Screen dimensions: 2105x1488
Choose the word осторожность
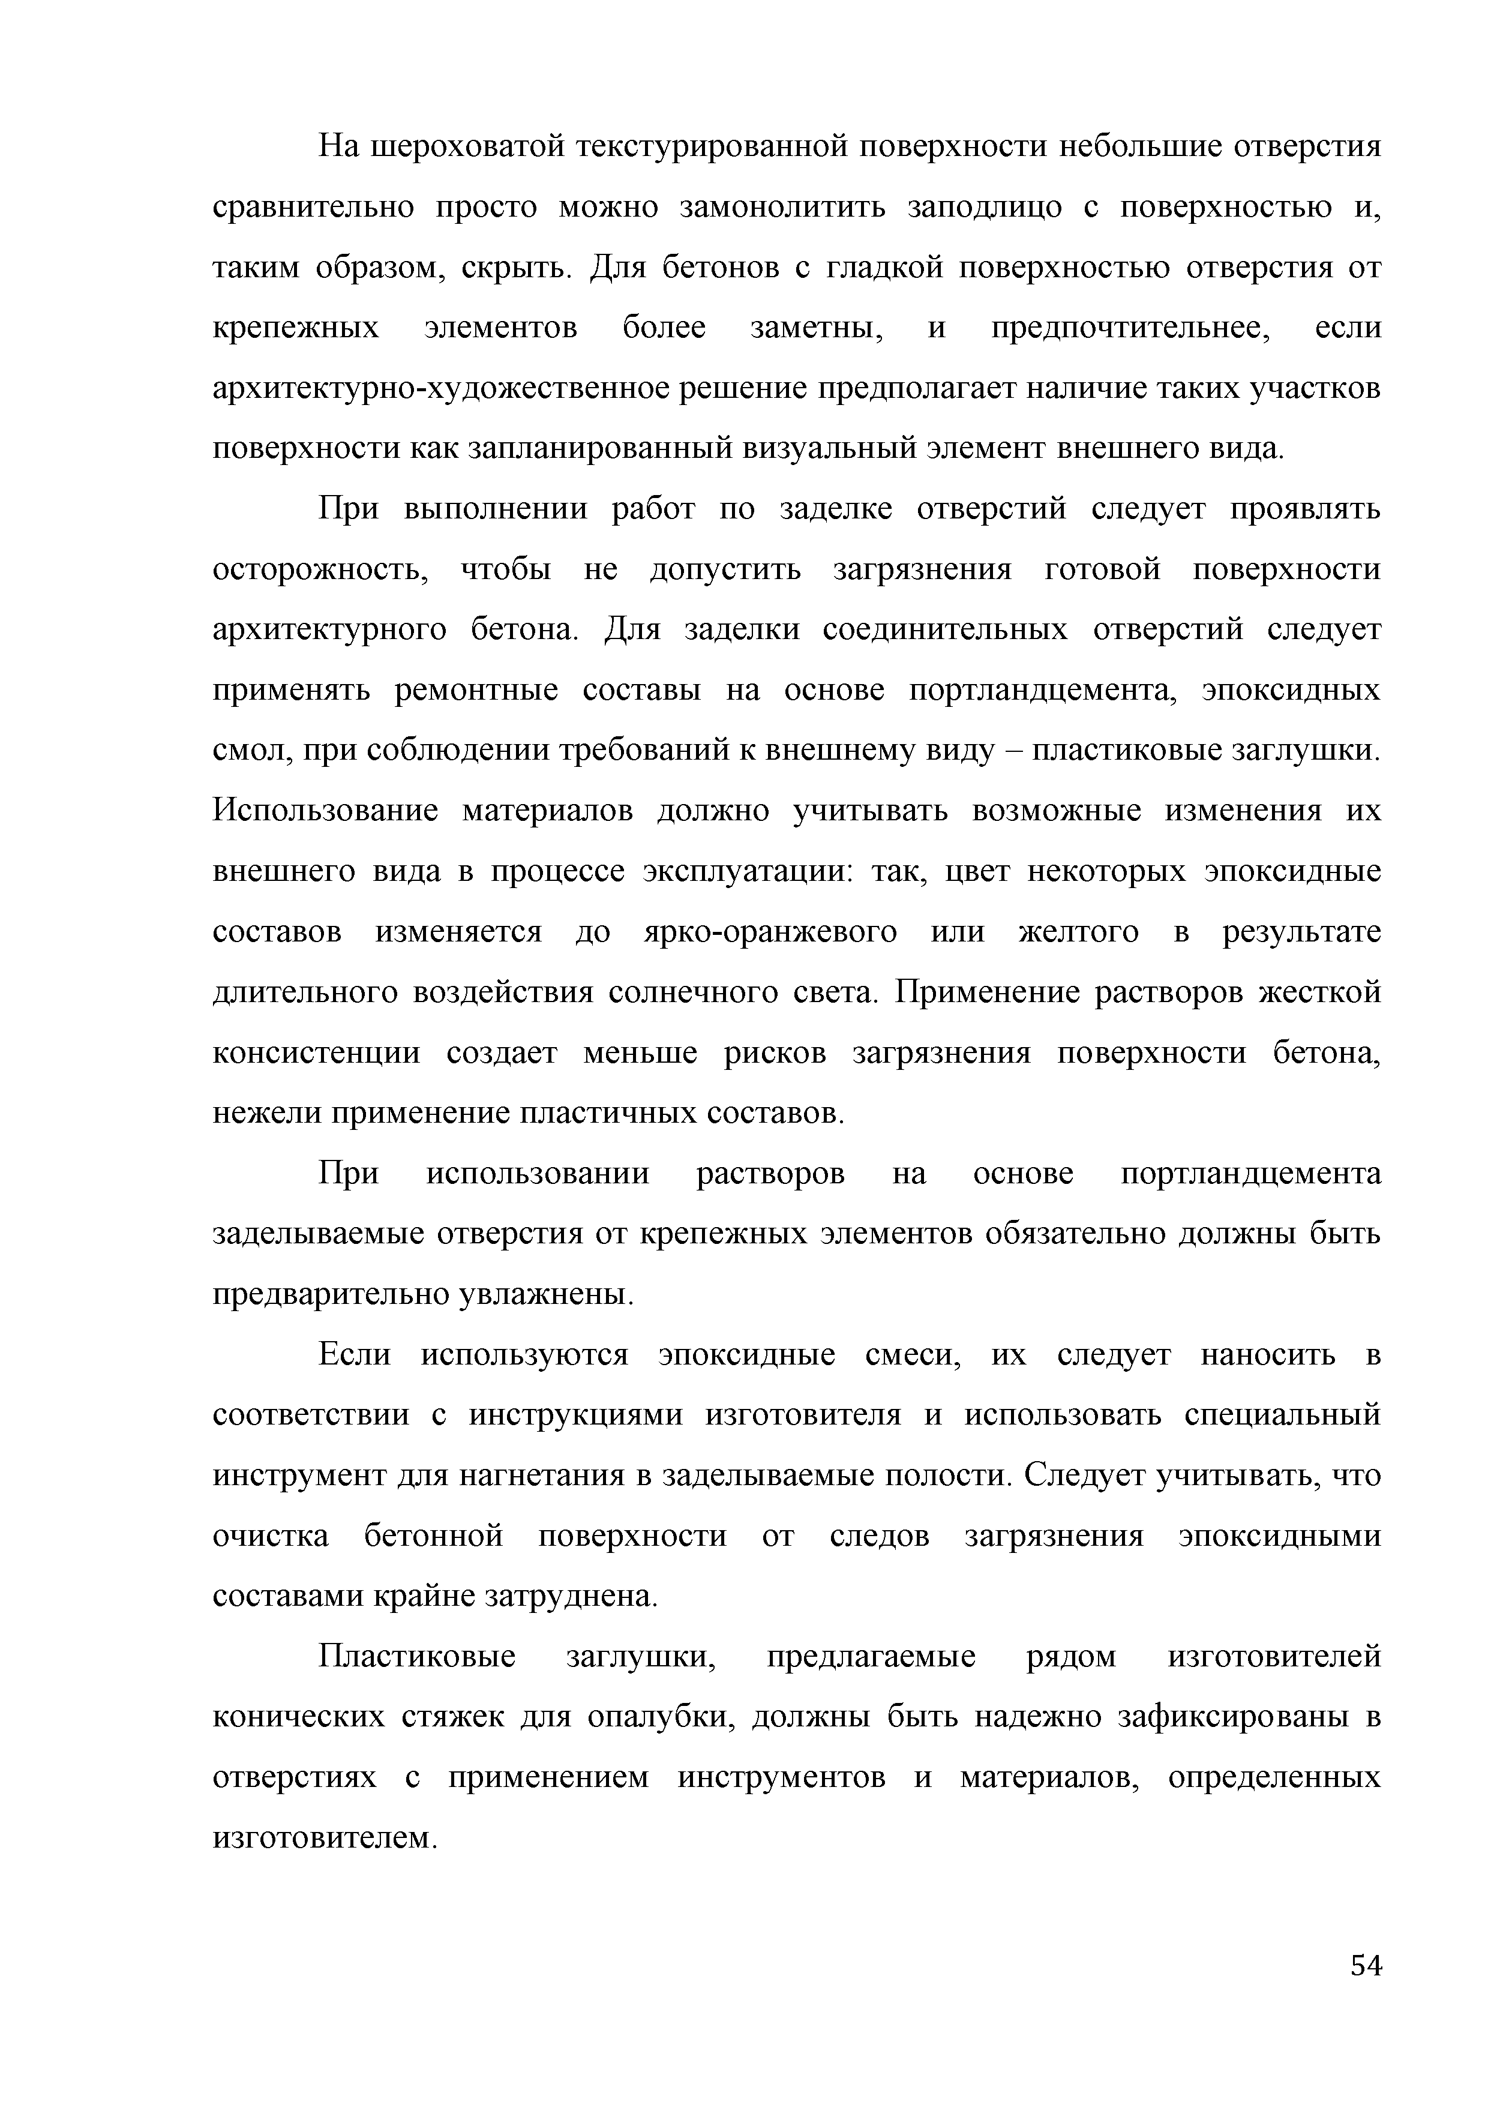point(321,570)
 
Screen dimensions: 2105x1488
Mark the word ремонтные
point(476,690)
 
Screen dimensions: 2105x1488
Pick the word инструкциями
point(576,1416)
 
